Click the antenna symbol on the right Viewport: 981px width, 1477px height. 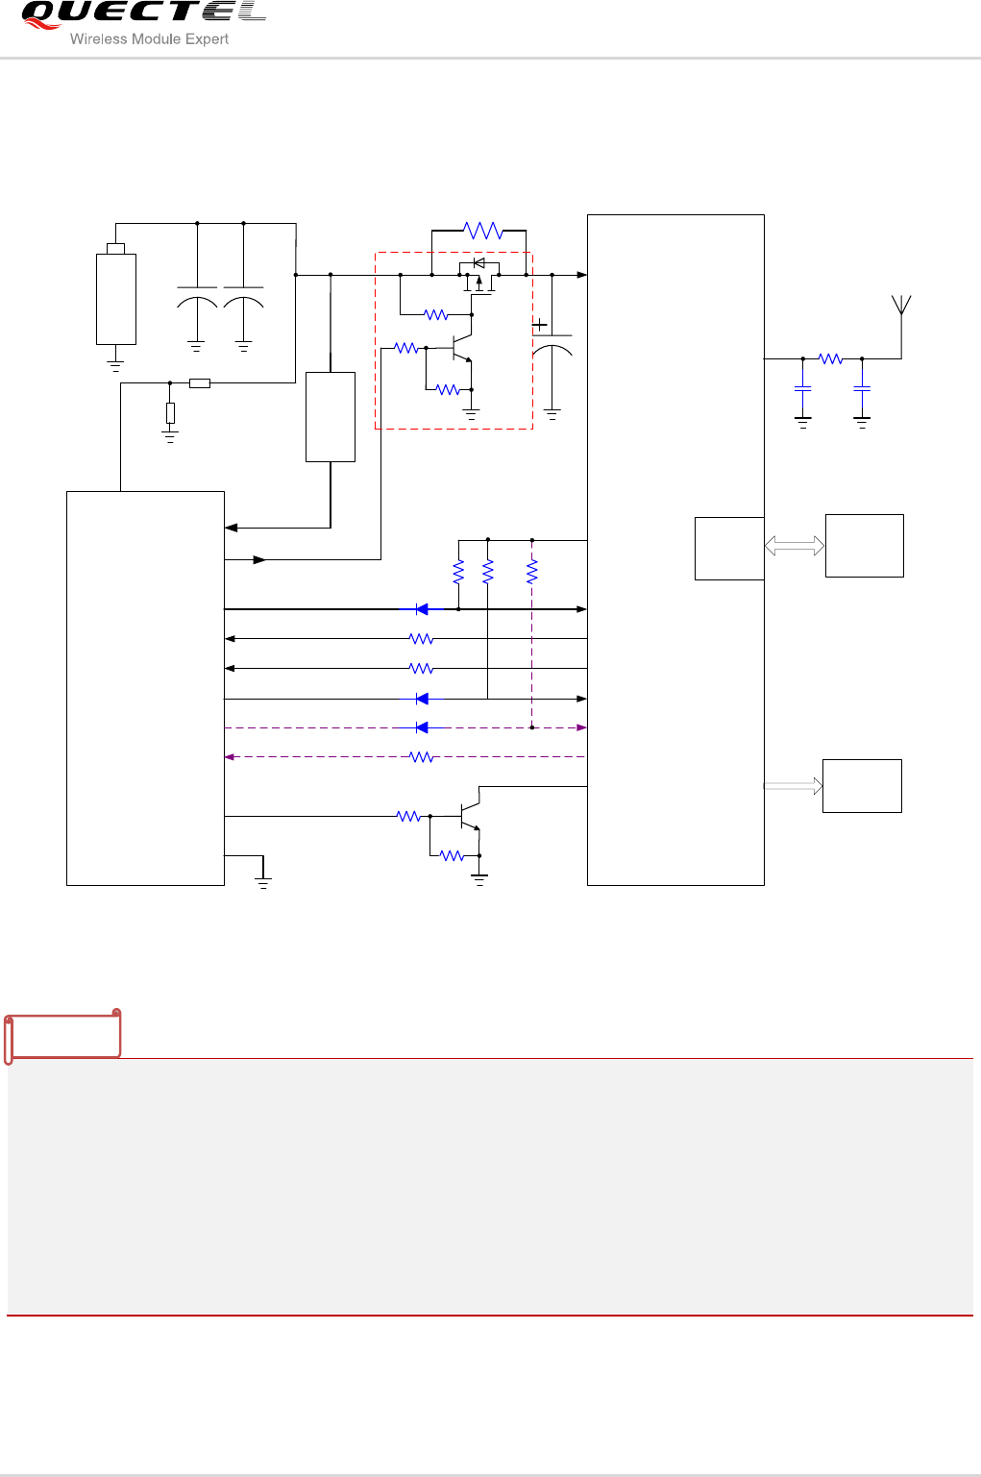901,306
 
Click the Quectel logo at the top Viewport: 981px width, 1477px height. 142,13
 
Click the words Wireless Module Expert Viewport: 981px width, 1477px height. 149,39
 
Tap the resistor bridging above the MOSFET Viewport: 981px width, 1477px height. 482,231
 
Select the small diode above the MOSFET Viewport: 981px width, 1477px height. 479,263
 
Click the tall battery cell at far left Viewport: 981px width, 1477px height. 115,298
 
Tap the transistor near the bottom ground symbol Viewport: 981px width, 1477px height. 469,816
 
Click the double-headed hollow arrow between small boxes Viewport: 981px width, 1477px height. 794,546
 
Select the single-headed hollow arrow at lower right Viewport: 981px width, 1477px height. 794,786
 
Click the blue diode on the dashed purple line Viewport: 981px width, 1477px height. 422,727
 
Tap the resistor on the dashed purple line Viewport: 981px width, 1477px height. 422,757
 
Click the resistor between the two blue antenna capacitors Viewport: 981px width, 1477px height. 831,358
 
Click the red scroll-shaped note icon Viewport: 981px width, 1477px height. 63,1035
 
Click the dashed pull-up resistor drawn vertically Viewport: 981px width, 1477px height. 532,572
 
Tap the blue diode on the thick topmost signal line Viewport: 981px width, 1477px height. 422,609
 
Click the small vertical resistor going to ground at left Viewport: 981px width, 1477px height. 170,413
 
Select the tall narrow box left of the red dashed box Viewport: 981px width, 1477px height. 331,416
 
